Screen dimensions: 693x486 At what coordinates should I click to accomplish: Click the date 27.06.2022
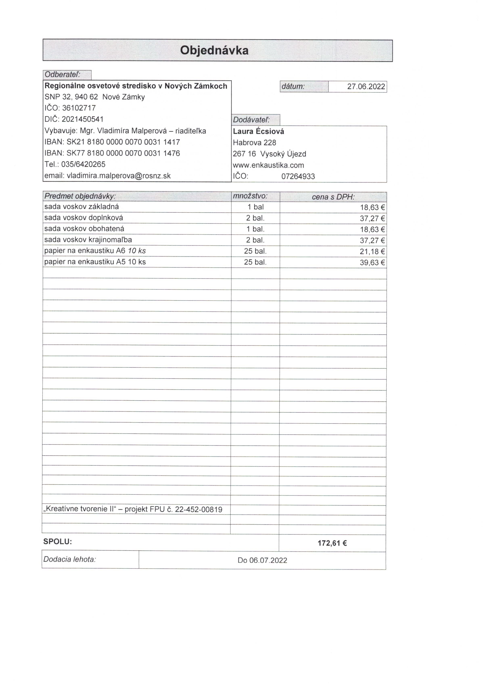366,87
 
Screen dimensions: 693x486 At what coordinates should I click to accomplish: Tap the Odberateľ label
63,75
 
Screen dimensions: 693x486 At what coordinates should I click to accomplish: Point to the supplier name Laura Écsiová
258,132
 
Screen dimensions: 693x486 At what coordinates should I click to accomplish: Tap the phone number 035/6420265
83,165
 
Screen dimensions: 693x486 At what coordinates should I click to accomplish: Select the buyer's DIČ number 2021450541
83,119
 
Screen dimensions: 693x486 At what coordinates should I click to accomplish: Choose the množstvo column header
250,196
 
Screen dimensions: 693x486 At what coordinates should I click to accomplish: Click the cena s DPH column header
333,197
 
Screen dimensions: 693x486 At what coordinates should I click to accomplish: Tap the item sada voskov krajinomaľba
88,240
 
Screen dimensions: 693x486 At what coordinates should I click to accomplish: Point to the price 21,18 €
372,251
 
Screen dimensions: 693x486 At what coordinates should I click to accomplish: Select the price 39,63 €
372,263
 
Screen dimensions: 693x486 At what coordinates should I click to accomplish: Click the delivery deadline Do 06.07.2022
262,560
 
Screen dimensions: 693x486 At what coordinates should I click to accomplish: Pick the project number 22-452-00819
199,510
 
